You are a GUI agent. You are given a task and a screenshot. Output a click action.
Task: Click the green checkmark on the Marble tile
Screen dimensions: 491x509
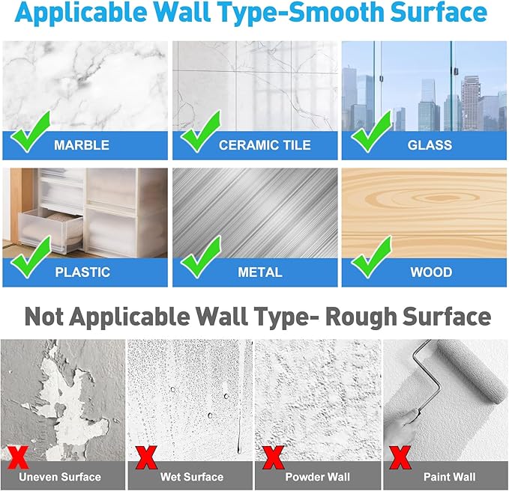28,132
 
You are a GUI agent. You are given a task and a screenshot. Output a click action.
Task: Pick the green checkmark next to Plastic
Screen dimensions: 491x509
28,259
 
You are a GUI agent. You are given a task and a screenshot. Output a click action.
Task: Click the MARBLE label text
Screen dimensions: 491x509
81,145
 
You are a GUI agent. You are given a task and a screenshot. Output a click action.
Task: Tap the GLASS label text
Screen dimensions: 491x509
430,145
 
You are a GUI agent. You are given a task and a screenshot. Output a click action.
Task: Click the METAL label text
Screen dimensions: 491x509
259,272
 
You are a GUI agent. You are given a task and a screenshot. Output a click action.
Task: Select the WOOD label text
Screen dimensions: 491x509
430,272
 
